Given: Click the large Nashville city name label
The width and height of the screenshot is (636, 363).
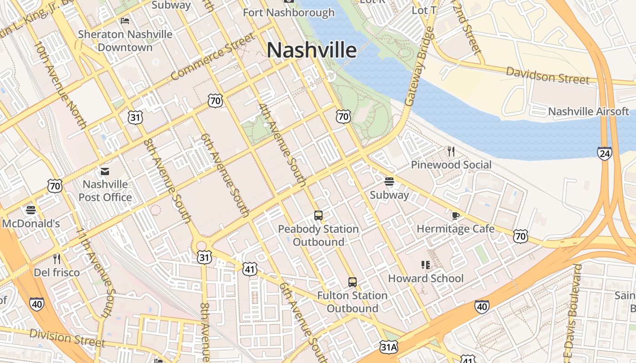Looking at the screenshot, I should point(312,50).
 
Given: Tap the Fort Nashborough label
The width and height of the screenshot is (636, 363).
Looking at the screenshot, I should point(288,12).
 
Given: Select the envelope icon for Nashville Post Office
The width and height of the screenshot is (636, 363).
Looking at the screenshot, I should point(105,172).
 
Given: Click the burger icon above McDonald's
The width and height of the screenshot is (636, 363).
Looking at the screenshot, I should point(31,210).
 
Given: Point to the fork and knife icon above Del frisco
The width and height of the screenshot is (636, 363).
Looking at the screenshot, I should point(57,259).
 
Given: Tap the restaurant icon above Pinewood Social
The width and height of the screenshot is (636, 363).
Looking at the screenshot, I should point(451,152).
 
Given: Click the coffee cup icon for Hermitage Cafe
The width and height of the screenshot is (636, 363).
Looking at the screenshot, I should point(455,216).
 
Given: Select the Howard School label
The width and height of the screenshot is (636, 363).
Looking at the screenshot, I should point(426,278).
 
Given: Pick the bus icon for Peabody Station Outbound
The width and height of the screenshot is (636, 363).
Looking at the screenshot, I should point(318,216).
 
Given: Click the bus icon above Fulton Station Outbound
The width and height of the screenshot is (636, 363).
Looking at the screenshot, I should point(352,282).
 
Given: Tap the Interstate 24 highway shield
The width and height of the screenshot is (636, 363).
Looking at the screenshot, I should point(605,154).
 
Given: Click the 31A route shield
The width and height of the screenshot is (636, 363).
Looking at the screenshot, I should point(389,347).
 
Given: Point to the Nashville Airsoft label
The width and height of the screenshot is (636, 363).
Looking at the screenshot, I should point(588,111).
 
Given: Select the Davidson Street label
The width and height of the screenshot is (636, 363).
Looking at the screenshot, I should point(547,75).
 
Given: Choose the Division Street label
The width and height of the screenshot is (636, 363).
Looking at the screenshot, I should point(67,338).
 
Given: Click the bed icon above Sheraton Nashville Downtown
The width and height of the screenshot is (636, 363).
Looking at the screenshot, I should point(125,21).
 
